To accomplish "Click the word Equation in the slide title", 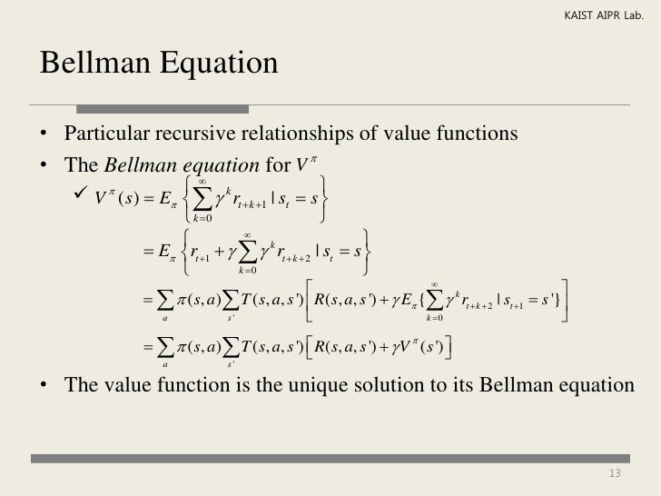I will click(217, 64).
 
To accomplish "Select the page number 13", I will click(615, 473).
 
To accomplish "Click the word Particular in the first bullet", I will click(103, 134).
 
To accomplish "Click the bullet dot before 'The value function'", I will click(43, 385).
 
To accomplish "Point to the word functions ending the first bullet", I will click(481, 134).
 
